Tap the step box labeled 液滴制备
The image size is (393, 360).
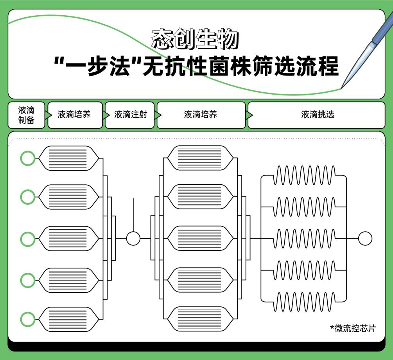coord(26,115)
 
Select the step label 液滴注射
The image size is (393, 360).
coord(131,115)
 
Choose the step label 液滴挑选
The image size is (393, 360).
coord(318,115)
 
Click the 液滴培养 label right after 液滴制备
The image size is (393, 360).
coord(74,115)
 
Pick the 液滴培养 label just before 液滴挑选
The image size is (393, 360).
coord(200,115)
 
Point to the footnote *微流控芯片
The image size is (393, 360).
coord(352,328)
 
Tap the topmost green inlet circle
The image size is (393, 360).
coord(27,158)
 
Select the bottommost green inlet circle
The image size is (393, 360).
coord(27,319)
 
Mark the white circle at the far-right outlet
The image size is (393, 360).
coord(365,238)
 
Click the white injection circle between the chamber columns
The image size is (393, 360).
coord(133,238)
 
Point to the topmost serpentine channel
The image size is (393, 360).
coord(304,175)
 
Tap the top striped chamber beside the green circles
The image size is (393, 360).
coord(68,158)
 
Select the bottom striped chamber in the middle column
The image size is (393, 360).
coord(200,319)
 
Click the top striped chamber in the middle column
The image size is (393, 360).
coord(200,158)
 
